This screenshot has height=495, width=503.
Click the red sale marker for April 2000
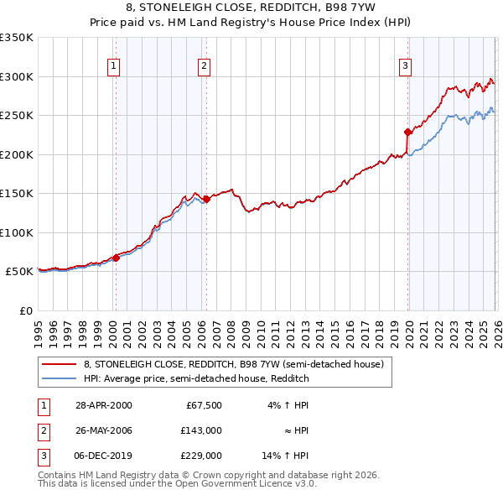pyautogui.click(x=117, y=258)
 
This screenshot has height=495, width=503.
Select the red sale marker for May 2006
pyautogui.click(x=206, y=199)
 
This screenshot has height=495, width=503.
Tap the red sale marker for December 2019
pyautogui.click(x=407, y=132)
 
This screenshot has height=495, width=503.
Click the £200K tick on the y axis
pyautogui.click(x=17, y=154)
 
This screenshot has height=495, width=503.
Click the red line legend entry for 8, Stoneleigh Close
pyautogui.click(x=233, y=364)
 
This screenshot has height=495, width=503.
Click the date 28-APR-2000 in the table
pyautogui.click(x=103, y=405)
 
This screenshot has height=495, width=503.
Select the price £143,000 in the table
pyautogui.click(x=202, y=430)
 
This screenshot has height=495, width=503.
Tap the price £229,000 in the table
pyautogui.click(x=202, y=456)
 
